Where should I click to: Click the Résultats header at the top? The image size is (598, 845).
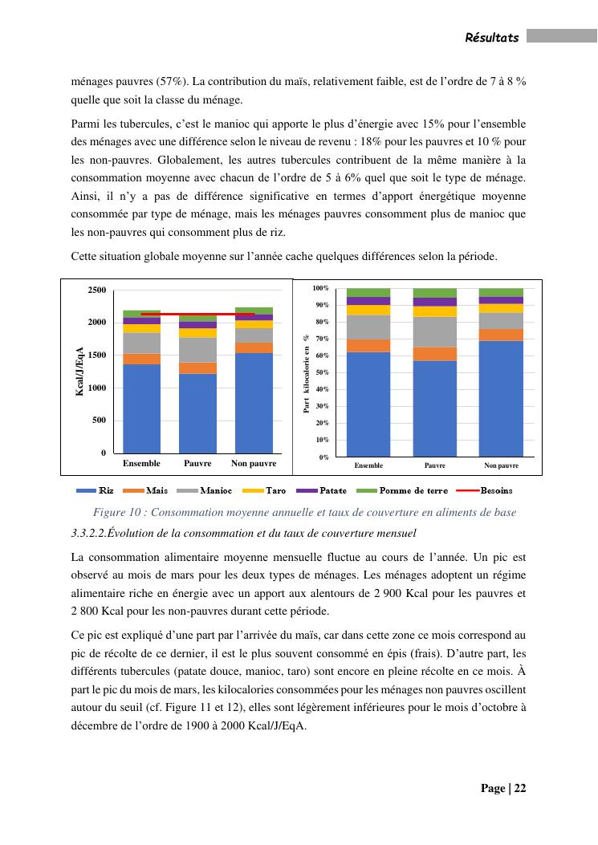(x=492, y=37)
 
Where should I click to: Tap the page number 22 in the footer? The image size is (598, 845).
(x=519, y=788)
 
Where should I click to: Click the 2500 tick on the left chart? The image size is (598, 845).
(x=96, y=290)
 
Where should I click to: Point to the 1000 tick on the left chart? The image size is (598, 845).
(x=96, y=388)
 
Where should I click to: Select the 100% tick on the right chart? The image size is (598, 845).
(x=320, y=288)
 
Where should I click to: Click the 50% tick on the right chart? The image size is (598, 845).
(x=322, y=373)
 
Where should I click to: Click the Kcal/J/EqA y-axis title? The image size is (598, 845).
(x=79, y=371)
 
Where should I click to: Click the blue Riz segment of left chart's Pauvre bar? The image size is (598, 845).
(x=197, y=413)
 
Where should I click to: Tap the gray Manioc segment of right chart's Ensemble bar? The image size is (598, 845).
(x=368, y=327)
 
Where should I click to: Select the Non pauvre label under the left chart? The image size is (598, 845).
(x=254, y=464)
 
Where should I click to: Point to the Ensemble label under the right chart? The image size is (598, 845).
(x=368, y=465)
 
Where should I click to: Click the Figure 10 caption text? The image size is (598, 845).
(x=304, y=512)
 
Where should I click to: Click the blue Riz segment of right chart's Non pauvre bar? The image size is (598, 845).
(x=501, y=399)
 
